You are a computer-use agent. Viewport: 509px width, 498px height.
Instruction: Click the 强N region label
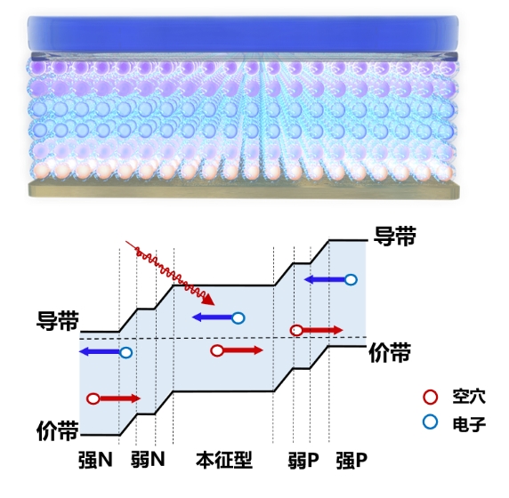tap(95, 460)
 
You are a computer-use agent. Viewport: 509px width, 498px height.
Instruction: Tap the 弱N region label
tap(148, 460)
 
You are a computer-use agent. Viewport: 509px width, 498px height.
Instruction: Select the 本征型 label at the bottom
tap(224, 460)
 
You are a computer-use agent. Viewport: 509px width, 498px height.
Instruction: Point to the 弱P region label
tap(303, 460)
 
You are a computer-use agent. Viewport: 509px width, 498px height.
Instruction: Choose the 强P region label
tap(351, 460)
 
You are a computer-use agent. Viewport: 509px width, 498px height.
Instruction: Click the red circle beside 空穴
tap(431, 398)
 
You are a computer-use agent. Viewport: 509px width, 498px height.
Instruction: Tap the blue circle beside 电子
tap(431, 422)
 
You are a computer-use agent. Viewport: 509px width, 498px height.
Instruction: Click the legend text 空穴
tap(469, 396)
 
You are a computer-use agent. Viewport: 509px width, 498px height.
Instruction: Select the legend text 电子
tap(469, 423)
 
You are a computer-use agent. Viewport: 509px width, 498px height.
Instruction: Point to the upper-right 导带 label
tap(395, 236)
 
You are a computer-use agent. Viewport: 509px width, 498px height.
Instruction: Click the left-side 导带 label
tap(58, 320)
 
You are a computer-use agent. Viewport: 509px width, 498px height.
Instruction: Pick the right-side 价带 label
tap(390, 352)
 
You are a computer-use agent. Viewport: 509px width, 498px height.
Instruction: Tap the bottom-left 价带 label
tap(58, 430)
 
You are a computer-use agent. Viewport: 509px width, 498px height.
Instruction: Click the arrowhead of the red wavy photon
tap(208, 301)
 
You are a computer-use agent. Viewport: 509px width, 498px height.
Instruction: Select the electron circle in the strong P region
tap(351, 279)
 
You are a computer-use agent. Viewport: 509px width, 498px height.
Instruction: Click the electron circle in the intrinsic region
tap(238, 318)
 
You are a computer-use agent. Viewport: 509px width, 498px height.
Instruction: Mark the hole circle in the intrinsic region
tap(217, 350)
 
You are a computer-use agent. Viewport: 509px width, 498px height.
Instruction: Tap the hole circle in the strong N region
tap(93, 398)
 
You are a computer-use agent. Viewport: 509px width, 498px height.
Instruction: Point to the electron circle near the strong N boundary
tap(126, 352)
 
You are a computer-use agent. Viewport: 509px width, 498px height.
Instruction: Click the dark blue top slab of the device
tap(243, 33)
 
